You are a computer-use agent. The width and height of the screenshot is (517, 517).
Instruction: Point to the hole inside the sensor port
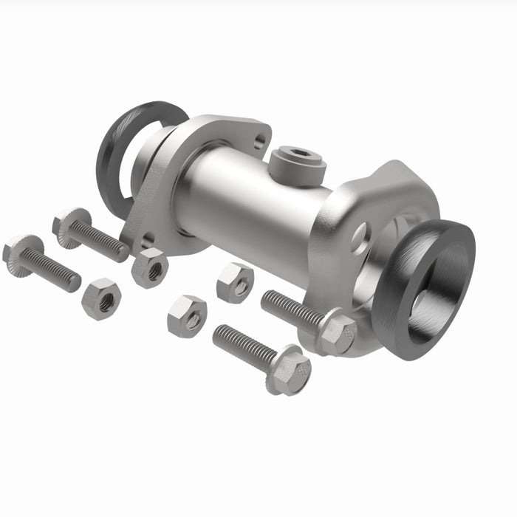pyautogui.click(x=299, y=154)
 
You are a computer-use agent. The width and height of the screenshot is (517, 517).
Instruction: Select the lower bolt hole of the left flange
pyautogui.click(x=148, y=239)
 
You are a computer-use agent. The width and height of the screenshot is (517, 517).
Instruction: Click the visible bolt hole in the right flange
pyautogui.click(x=361, y=238)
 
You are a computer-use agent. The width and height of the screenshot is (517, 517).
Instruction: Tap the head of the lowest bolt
pyautogui.click(x=290, y=369)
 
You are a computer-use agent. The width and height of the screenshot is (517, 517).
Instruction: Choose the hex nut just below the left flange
pyautogui.click(x=150, y=267)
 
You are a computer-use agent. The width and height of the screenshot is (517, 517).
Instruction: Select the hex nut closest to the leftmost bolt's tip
pyautogui.click(x=101, y=298)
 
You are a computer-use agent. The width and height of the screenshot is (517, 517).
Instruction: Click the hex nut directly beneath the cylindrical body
pyautogui.click(x=235, y=282)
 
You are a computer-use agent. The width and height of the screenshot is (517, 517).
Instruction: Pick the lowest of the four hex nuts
pyautogui.click(x=187, y=316)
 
